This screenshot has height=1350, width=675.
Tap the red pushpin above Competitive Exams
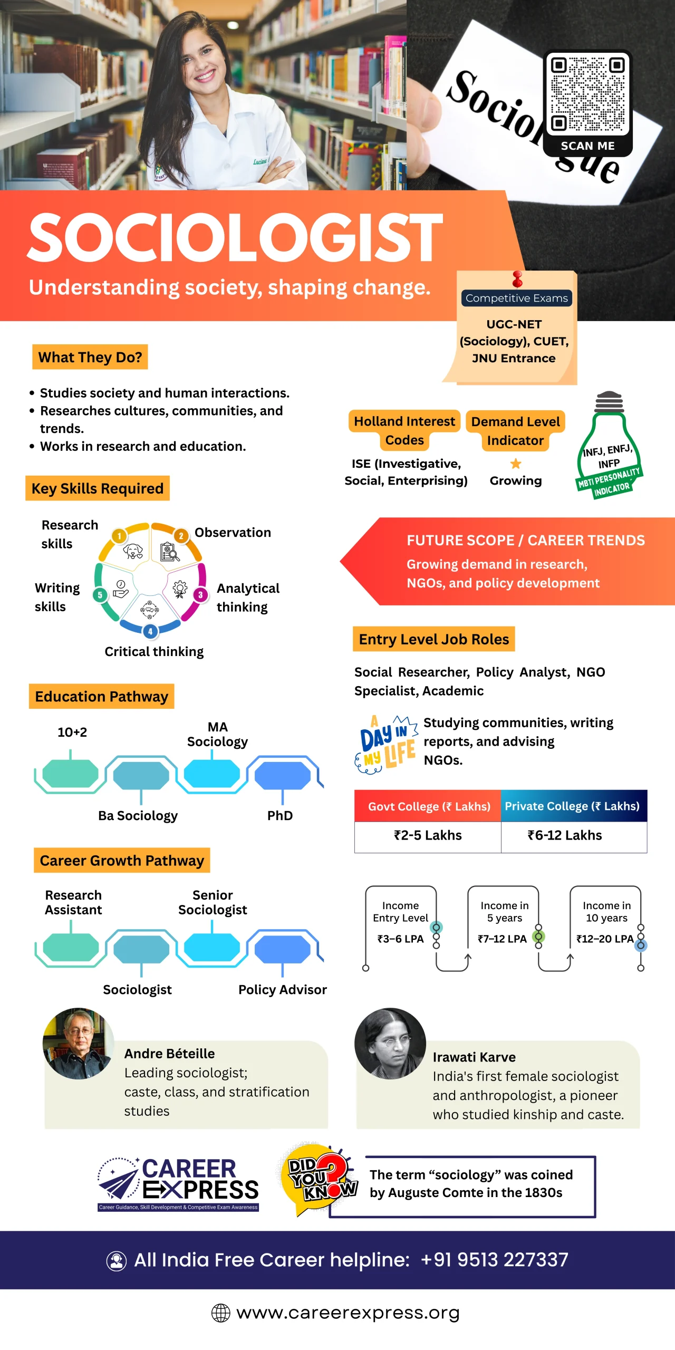click(x=517, y=278)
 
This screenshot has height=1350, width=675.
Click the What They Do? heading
click(x=90, y=357)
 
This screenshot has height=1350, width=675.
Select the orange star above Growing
click(x=516, y=464)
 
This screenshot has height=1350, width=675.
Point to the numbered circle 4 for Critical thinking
click(x=150, y=631)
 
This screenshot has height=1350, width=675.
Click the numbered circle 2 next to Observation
click(x=181, y=536)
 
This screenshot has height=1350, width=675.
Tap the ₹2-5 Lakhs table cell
click(x=428, y=835)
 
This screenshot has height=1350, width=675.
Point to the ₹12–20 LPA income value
click(x=605, y=939)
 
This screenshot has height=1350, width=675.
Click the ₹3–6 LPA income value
click(x=400, y=939)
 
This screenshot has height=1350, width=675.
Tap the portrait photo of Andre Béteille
click(x=78, y=1044)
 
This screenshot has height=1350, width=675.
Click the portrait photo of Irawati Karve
click(x=390, y=1044)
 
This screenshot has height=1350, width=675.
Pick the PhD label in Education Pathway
click(x=280, y=815)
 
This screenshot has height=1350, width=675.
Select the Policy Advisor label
click(x=283, y=989)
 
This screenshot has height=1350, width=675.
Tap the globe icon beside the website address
click(x=220, y=1313)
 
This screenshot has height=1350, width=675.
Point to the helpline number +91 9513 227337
click(x=494, y=1260)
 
